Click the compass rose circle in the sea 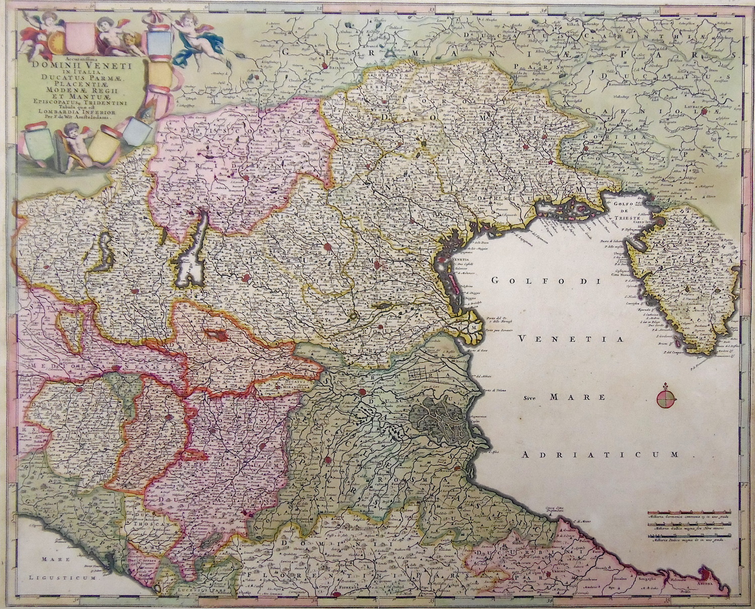tap(666, 397)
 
